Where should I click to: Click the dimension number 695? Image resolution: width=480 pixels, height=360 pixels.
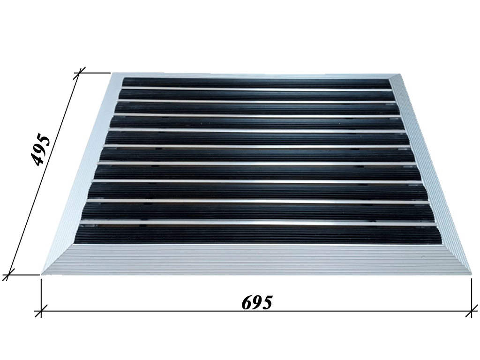[x=257, y=303]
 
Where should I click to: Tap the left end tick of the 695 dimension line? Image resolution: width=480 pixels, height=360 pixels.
[x=41, y=311]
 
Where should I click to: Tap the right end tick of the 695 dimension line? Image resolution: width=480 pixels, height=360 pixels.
[x=472, y=311]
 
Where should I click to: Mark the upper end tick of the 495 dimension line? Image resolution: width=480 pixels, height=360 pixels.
[x=80, y=73]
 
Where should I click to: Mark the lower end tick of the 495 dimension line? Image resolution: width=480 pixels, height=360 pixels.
[x=8, y=275]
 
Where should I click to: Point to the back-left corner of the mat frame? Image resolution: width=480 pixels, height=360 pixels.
[x=111, y=74]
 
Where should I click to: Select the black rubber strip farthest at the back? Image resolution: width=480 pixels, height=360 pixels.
[x=256, y=82]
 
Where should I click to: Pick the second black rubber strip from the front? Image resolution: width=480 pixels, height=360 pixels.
[x=258, y=212]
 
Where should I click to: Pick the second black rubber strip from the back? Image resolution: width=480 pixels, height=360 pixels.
[x=256, y=95]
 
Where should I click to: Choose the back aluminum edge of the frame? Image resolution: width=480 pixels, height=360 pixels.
[x=255, y=75]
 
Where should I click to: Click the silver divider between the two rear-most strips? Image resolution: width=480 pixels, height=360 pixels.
[x=256, y=89]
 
